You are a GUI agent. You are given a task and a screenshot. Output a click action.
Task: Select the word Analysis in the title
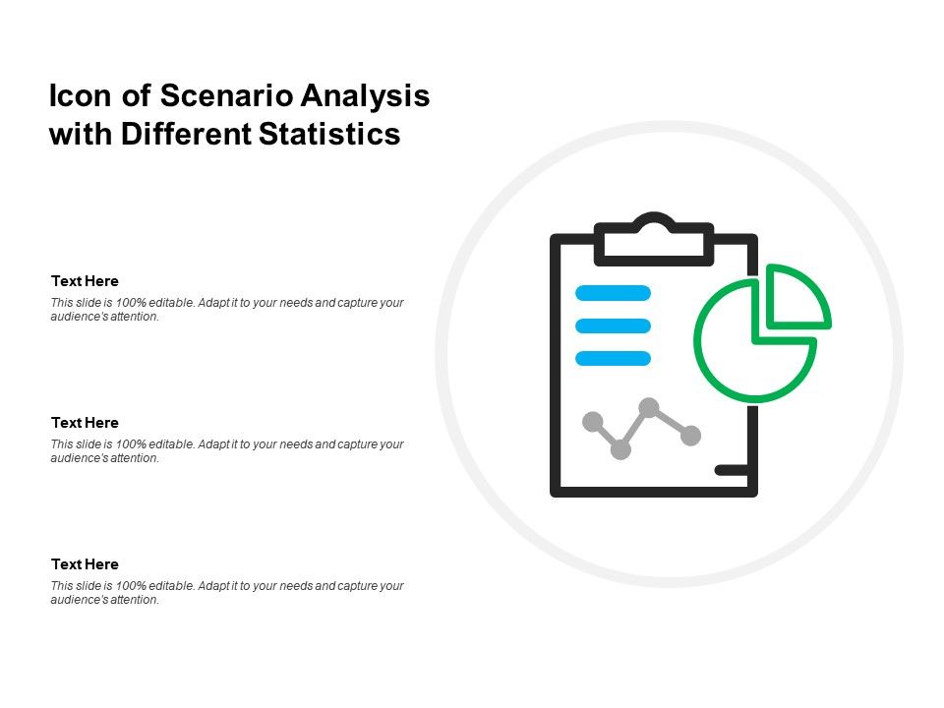point(365,96)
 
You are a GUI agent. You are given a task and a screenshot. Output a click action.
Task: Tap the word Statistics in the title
point(329,134)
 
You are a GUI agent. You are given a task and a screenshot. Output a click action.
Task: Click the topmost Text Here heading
point(85,281)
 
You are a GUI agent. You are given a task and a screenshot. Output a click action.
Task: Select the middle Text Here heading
point(85,423)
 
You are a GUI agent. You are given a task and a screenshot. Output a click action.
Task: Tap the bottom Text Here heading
point(85,564)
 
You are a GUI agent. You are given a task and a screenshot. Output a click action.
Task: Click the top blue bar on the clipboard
point(613,292)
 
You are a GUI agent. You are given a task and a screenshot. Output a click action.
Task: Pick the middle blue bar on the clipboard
point(613,325)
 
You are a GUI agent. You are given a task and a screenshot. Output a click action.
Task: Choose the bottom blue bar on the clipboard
point(613,358)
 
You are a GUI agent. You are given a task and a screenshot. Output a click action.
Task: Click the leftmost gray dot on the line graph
point(593,422)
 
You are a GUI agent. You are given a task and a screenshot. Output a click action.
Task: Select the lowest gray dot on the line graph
point(620,449)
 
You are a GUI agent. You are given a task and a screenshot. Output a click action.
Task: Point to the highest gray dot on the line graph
point(649,406)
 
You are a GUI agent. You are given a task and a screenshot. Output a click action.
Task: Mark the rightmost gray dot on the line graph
point(691,435)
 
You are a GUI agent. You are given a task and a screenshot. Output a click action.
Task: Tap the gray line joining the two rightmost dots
point(671,421)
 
